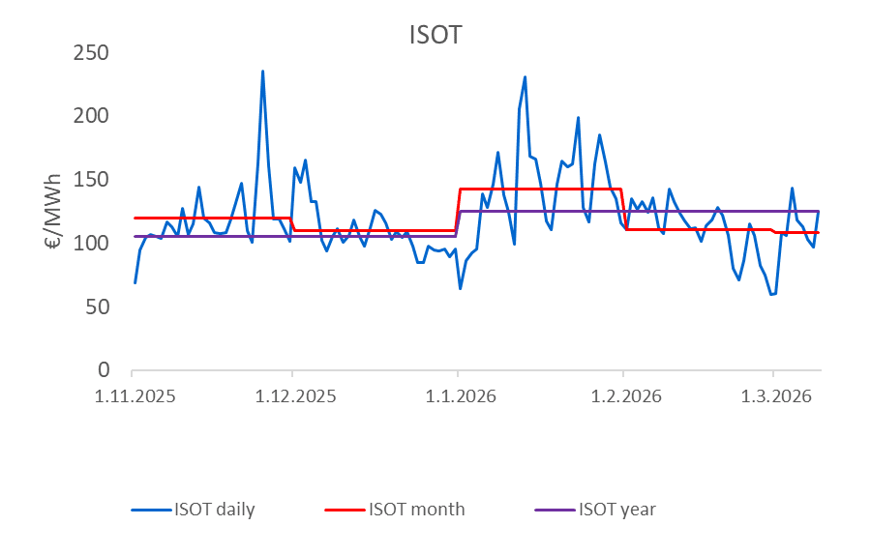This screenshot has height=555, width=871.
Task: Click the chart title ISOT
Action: click(435, 36)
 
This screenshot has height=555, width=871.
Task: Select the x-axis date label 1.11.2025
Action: click(133, 396)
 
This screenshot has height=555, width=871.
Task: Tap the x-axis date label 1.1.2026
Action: click(458, 396)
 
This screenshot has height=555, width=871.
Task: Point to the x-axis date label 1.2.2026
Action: click(623, 396)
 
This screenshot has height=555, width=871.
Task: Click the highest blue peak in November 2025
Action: click(262, 72)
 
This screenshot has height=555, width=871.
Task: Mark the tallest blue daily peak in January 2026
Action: click(525, 77)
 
